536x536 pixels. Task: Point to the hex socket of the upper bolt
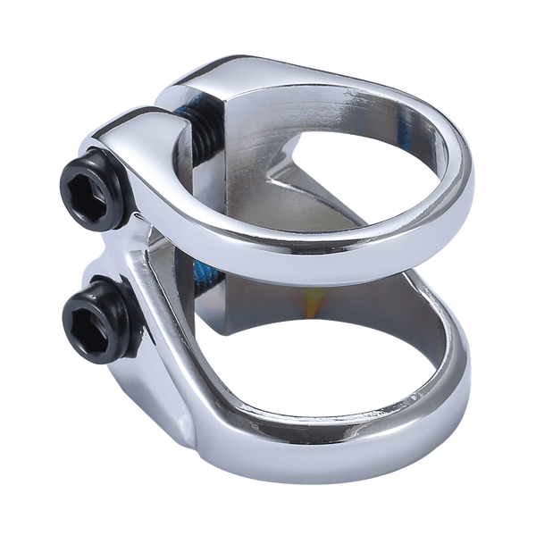[x=85, y=187]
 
